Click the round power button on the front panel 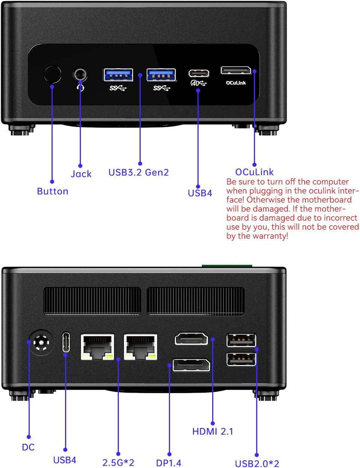coord(52,74)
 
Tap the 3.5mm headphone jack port coord(80,74)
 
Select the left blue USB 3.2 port coord(118,75)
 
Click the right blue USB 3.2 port coord(161,75)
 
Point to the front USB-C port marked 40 coord(199,73)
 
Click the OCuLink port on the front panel coord(235,70)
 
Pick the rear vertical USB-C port coord(66,342)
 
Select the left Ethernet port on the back coord(97,347)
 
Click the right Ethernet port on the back coord(140,347)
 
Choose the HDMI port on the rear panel coord(191,339)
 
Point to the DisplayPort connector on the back coord(191,365)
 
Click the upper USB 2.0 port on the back coord(241,340)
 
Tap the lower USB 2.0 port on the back coord(241,359)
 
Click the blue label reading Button coord(53,191)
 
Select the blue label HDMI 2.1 coord(213,431)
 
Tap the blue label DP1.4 coord(169,463)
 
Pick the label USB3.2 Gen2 coord(138,172)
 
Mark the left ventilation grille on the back coord(92,301)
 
